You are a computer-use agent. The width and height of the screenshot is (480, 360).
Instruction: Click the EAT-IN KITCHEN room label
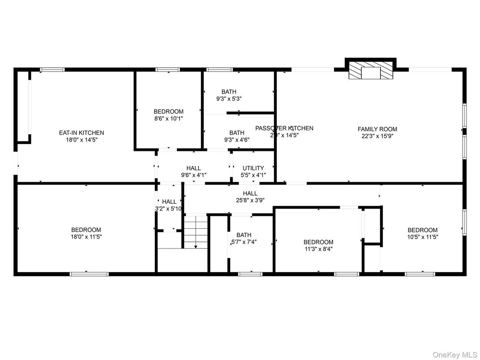click(x=81, y=133)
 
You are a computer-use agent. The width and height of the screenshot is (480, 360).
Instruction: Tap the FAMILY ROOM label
click(x=377, y=129)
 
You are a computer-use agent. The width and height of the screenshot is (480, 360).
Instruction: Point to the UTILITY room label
click(x=253, y=168)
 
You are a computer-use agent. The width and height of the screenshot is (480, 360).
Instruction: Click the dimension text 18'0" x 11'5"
click(x=86, y=237)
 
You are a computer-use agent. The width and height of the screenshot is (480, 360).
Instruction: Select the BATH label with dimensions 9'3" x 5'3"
click(x=229, y=92)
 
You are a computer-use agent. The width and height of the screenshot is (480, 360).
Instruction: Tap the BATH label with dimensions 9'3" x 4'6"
click(x=237, y=133)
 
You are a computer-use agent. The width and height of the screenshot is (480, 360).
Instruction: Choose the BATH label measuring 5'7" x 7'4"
click(x=244, y=235)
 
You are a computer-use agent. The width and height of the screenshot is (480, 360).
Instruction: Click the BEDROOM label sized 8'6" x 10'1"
click(x=168, y=111)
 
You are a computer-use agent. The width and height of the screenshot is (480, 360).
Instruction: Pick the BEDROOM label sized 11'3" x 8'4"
click(x=318, y=242)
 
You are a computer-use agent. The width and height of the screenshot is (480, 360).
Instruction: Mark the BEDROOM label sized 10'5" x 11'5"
click(x=422, y=230)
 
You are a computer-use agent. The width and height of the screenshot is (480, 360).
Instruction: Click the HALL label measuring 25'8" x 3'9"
click(x=250, y=193)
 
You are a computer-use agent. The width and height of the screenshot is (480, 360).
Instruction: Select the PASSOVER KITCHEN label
click(x=284, y=128)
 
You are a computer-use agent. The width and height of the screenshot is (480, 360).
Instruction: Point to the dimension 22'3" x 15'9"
click(x=377, y=136)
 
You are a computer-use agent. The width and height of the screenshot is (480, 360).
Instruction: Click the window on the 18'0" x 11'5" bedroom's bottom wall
click(x=89, y=273)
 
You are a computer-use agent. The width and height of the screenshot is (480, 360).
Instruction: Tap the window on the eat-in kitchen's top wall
click(x=52, y=69)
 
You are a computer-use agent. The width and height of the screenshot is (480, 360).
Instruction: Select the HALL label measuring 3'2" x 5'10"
click(x=169, y=201)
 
